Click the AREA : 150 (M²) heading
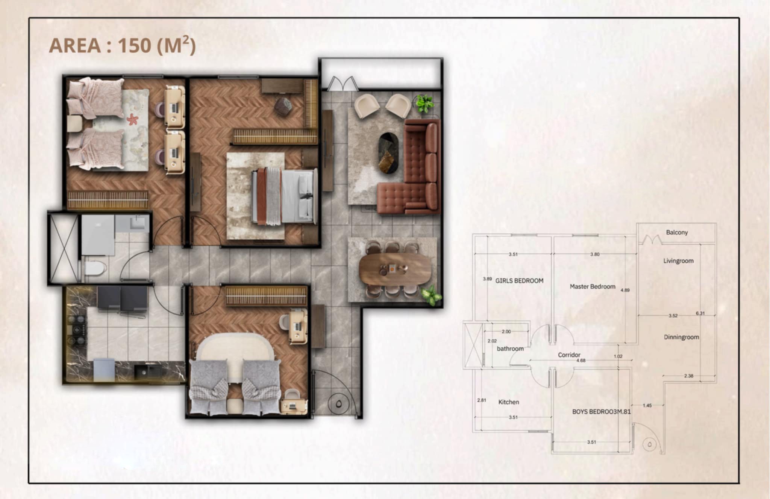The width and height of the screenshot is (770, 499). (122, 46)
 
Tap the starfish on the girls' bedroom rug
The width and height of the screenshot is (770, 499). (132, 119)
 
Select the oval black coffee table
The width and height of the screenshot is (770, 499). (388, 153)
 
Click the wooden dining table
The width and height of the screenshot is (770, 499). (395, 269)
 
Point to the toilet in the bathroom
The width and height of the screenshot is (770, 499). (94, 268)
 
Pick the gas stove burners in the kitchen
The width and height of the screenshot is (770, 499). (78, 330)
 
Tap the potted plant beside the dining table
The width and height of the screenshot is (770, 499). (431, 295)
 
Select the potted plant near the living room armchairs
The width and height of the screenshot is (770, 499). (424, 103)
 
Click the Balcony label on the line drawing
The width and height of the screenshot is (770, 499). (677, 232)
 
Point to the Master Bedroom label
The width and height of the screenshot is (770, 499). (592, 286)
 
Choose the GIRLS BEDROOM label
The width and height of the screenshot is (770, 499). (519, 280)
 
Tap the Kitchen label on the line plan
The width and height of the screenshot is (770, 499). (509, 402)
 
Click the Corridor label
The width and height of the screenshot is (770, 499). (569, 354)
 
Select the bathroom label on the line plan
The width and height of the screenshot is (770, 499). (510, 348)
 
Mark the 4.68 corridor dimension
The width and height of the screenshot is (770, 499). (581, 361)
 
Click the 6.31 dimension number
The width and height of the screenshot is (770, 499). (700, 313)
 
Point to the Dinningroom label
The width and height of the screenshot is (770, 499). (681, 337)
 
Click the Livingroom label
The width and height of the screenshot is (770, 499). (678, 261)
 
